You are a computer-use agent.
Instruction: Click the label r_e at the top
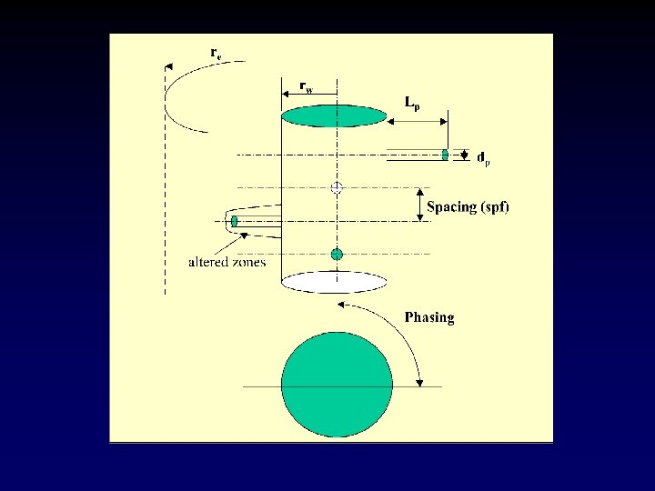click(216, 53)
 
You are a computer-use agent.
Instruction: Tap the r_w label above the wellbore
click(307, 87)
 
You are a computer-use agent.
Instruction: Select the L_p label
click(412, 104)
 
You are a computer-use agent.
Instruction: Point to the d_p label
click(483, 157)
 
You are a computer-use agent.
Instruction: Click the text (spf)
click(497, 207)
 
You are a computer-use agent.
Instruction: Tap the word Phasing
click(428, 317)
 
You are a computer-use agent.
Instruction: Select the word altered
click(208, 263)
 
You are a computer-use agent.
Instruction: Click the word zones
click(248, 263)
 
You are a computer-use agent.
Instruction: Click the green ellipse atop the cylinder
click(334, 115)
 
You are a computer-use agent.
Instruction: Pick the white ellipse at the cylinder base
click(335, 282)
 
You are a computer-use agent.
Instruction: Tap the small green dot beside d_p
click(445, 155)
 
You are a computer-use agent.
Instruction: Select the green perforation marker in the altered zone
click(235, 221)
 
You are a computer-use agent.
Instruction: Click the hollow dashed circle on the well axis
click(337, 188)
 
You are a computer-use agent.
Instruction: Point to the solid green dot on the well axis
click(337, 255)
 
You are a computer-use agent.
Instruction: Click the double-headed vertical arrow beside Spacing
click(420, 205)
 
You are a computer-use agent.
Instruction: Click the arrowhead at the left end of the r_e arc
click(168, 65)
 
